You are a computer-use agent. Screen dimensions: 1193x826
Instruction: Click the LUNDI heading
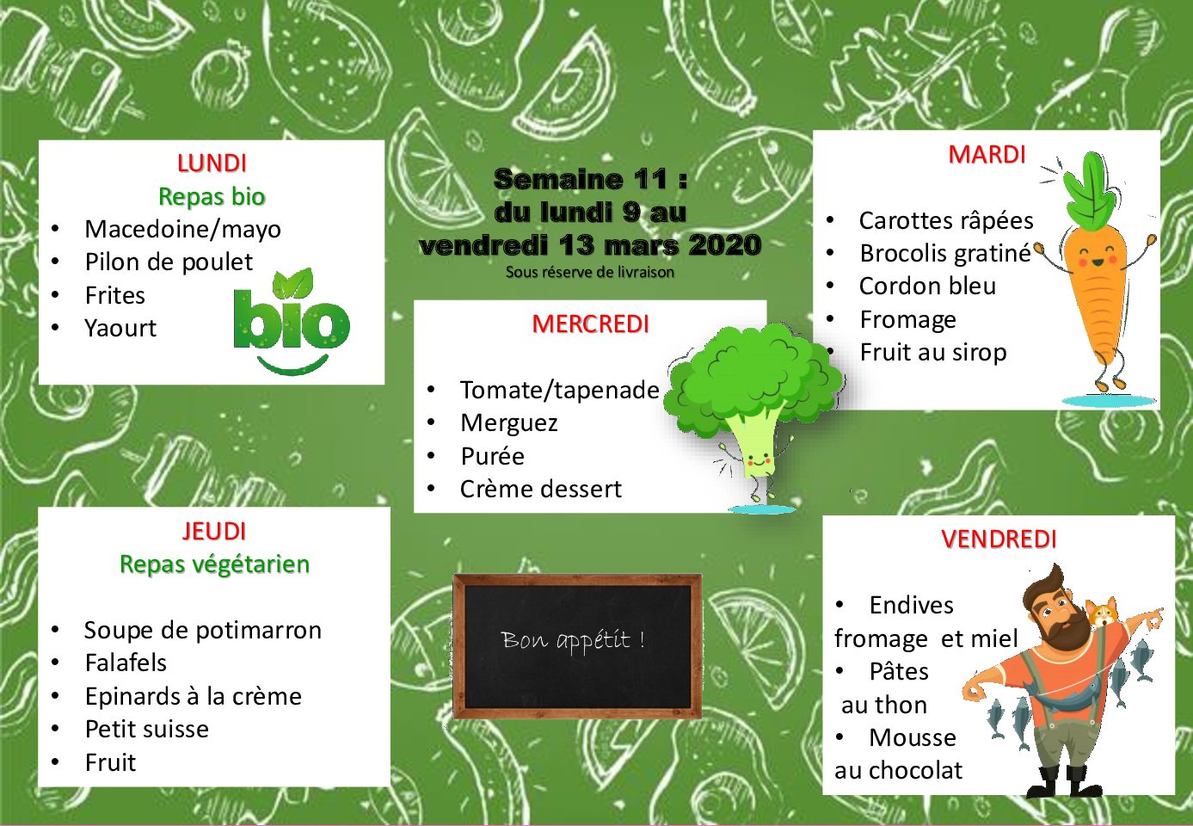coord(212,163)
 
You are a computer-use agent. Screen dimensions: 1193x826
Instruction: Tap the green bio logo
coord(292,321)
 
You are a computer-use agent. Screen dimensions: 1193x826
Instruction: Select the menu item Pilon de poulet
coord(169,262)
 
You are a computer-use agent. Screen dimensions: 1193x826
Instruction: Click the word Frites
coord(115,295)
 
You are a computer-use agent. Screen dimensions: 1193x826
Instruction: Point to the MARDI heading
coord(987,155)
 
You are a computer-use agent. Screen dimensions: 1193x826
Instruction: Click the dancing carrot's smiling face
coord(1098,257)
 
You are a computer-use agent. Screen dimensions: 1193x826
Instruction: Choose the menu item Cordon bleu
coord(927,287)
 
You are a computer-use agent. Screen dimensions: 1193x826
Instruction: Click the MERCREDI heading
coord(590,324)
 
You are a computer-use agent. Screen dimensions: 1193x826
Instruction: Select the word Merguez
coord(509,423)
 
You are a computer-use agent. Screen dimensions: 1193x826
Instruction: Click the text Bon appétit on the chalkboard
coord(573,640)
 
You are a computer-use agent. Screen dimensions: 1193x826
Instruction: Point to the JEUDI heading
coord(214,531)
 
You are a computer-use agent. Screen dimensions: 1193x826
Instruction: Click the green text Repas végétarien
coord(214,564)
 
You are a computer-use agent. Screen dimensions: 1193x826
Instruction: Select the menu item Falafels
coord(126,663)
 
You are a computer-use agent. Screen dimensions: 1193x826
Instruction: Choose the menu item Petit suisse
coord(147,729)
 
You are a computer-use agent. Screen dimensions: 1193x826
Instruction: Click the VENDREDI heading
coord(999,539)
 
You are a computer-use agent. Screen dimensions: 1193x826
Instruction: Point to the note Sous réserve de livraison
coord(590,272)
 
